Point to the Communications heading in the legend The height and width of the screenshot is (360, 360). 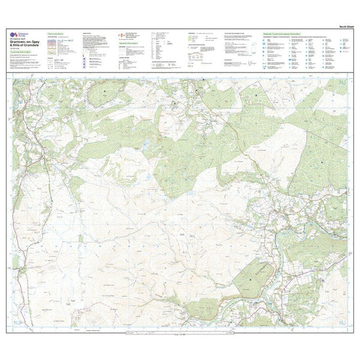pyautogui.click(x=60, y=32)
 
